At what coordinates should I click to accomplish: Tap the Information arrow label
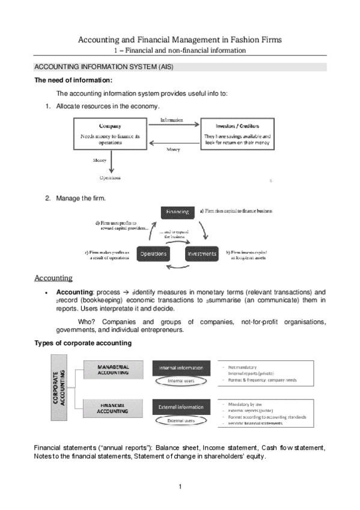(x=172, y=120)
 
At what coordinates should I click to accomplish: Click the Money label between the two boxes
(x=172, y=149)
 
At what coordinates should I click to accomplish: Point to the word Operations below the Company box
(x=109, y=178)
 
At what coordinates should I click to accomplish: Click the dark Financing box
(x=177, y=212)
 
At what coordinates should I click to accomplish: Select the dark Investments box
(x=201, y=254)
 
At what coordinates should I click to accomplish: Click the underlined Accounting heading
(x=53, y=278)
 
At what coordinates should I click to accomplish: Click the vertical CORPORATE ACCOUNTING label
(x=60, y=390)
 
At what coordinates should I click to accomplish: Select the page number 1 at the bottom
(x=180, y=486)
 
